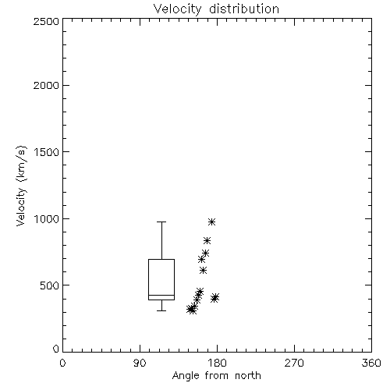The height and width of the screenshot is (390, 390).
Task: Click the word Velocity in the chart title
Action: coord(177,9)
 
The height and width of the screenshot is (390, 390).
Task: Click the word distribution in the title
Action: coord(244,9)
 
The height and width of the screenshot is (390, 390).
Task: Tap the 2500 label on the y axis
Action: coord(46,21)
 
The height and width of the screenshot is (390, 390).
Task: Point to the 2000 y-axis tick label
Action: coord(46,85)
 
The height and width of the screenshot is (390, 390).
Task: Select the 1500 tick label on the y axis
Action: coord(47,152)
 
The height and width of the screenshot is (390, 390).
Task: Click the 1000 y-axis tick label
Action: coord(47,219)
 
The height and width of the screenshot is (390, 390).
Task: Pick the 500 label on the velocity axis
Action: coord(50,285)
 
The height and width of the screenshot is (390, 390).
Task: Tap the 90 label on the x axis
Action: coord(140,363)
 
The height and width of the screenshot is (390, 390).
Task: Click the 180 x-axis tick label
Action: coord(217,363)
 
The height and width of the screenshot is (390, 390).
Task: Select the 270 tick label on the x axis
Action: coord(294,363)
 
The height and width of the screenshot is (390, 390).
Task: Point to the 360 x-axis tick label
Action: coord(371,363)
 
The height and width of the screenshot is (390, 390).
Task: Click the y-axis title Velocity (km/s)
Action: coord(21,186)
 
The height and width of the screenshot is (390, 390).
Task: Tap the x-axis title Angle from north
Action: coord(217,376)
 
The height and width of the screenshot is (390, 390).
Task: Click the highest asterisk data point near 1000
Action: coord(211,222)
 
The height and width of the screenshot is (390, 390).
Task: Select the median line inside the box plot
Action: coord(161,295)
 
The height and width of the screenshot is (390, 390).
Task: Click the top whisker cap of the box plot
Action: coord(161,222)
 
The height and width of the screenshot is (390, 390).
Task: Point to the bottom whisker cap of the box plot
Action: coord(161,310)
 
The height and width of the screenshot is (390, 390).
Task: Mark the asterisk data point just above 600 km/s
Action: coord(203,271)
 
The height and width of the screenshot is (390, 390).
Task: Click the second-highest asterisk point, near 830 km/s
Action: coord(207,240)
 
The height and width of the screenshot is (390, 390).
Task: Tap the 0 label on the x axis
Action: coord(62,363)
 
